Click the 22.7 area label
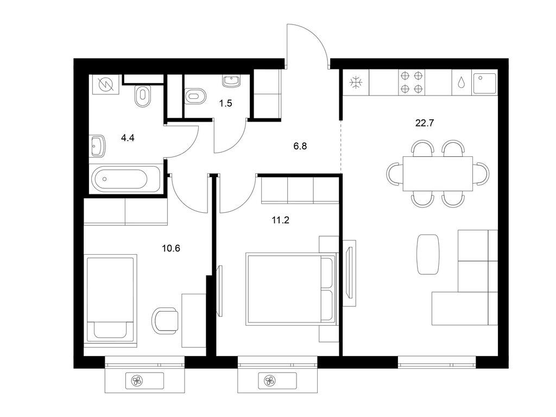425,123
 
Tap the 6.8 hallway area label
300,146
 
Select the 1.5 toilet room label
225,103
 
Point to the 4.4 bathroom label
128,137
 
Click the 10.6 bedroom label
171,248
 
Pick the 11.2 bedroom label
281,220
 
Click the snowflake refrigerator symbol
356,83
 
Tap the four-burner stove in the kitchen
412,83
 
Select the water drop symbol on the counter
462,83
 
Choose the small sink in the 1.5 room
232,81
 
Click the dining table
438,174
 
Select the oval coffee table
428,254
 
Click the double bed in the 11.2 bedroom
291,289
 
